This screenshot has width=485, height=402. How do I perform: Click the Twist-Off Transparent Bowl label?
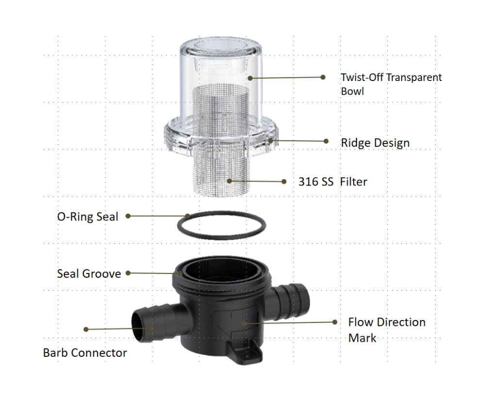point(391,84)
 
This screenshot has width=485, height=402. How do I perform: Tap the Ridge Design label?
point(375,143)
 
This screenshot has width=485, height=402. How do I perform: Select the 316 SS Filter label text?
point(333,181)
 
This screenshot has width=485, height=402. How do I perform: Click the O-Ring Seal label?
point(87,216)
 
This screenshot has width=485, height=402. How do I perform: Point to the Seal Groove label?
point(89,273)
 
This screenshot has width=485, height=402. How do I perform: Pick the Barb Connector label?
point(85,353)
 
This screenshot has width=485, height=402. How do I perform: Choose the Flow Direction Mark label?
point(387,330)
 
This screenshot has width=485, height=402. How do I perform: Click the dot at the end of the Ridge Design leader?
point(326,141)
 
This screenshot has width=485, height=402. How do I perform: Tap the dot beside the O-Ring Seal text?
point(128,216)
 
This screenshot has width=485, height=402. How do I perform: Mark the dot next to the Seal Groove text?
point(128,273)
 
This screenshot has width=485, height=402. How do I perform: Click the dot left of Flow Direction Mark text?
point(334,322)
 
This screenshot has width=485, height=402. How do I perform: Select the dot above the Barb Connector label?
point(86,329)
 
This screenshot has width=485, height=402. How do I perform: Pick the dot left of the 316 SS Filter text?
point(284,181)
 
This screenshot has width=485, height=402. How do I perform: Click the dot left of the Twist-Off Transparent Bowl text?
point(323,77)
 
